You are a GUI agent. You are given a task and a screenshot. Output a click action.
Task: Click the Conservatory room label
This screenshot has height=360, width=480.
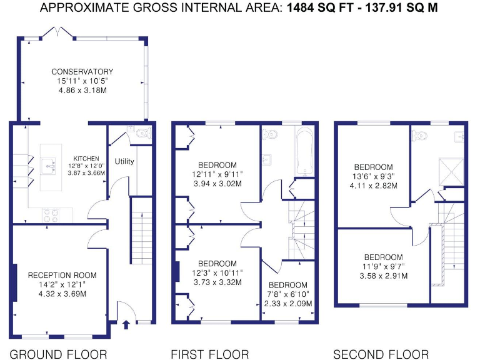82,72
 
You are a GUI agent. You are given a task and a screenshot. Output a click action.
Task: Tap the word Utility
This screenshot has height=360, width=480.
124,161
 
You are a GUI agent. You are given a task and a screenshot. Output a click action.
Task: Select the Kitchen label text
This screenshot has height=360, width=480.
86,158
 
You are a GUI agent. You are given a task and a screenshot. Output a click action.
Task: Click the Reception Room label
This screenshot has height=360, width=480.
62,275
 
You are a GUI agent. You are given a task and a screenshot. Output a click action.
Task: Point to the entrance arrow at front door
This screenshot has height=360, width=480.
126,324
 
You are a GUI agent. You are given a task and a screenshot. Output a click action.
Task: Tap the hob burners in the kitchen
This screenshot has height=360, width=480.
51,214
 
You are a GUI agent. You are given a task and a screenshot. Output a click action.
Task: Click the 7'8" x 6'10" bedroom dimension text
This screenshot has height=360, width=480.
288,294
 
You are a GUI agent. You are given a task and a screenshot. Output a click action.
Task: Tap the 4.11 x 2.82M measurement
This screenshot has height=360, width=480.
373,186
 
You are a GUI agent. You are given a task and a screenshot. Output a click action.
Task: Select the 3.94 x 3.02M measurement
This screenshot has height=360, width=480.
218,184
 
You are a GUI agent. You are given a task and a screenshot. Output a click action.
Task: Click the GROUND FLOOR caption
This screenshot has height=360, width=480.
58,354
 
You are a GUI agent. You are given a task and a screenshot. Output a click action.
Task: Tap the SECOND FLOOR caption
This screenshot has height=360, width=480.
381,354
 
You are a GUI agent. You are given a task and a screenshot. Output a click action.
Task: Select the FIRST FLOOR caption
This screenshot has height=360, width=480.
210,354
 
